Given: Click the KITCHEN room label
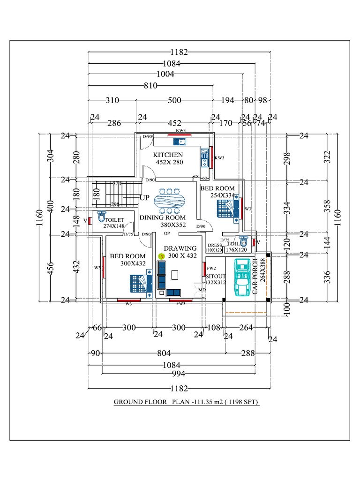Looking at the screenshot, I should [x=168, y=155].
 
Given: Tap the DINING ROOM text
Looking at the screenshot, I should [x=163, y=217].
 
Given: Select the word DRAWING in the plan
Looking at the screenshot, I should [x=180, y=248].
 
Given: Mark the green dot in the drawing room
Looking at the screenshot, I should [x=162, y=256].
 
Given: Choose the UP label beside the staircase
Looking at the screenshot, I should [x=144, y=198].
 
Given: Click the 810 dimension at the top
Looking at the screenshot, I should [x=150, y=86].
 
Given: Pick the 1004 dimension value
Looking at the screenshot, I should [x=165, y=74].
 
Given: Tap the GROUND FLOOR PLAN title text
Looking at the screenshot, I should [x=187, y=402].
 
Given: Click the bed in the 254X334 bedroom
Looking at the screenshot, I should [x=229, y=209].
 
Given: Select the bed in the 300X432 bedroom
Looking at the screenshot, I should [x=141, y=283].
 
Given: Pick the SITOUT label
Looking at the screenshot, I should [x=216, y=277].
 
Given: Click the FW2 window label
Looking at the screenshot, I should [x=211, y=269].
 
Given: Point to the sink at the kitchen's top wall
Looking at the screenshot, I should [x=180, y=141].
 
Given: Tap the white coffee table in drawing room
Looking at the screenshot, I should [x=176, y=274].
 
